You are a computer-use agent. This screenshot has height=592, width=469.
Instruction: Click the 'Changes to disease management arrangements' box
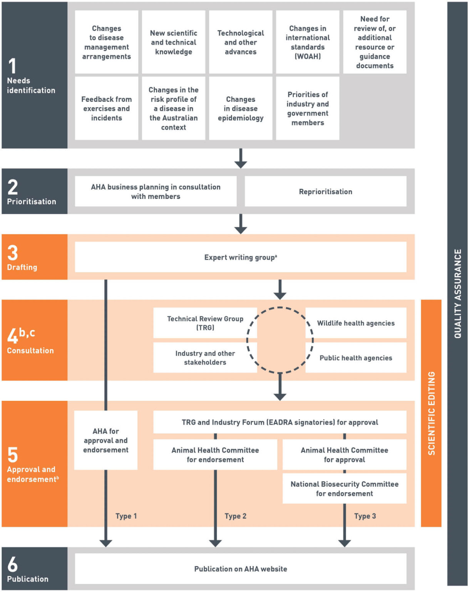click(106, 42)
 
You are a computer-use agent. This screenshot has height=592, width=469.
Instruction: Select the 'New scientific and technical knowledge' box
click(173, 42)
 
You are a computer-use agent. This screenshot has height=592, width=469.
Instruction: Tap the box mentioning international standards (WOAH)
click(307, 42)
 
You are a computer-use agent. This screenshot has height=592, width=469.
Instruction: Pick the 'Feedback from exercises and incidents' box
click(106, 108)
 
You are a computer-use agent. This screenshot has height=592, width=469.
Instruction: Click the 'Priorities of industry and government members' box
click(307, 108)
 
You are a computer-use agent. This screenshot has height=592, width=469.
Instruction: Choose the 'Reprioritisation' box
click(325, 192)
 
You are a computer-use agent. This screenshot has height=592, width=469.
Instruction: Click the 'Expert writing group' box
click(240, 257)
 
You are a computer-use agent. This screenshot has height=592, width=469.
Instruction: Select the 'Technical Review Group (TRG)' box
click(205, 323)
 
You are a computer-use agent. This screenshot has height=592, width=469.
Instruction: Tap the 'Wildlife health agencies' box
click(356, 323)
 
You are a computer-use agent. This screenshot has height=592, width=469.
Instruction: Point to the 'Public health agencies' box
click(356, 358)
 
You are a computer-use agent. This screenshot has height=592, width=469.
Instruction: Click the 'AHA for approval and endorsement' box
click(106, 440)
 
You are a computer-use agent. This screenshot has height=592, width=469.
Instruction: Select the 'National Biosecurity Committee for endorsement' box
click(344, 488)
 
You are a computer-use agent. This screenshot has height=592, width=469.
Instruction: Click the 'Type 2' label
click(235, 516)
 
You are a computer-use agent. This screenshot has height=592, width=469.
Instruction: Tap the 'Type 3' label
click(365, 516)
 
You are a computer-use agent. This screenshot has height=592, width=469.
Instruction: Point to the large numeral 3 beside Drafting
click(13, 253)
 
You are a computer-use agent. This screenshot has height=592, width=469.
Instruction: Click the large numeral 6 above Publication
click(13, 564)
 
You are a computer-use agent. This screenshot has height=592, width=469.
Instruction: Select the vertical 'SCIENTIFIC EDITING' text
click(431, 413)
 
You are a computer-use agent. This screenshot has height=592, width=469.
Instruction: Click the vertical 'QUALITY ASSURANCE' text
click(457, 294)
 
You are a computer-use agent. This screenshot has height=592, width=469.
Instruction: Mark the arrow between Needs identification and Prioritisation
click(241, 158)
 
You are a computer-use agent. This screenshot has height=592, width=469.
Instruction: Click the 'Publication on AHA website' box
click(240, 569)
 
